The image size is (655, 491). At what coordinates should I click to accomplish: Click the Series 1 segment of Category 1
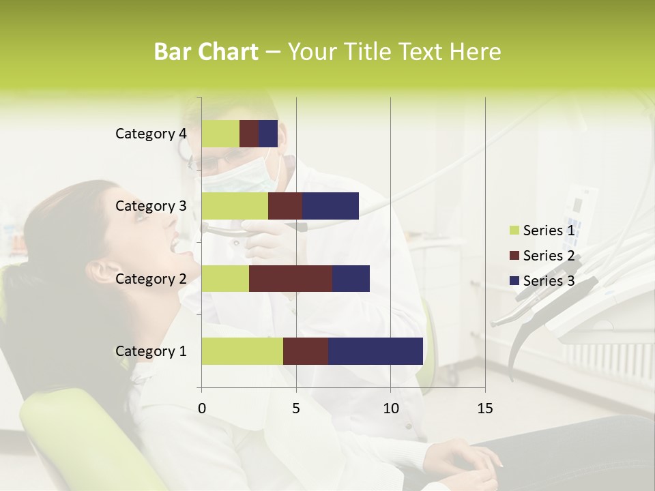coord(242,351)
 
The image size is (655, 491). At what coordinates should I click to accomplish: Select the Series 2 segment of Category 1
coord(306,351)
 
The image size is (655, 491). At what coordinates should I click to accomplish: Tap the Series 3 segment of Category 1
coord(375,351)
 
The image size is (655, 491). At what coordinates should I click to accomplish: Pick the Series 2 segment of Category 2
coord(291,278)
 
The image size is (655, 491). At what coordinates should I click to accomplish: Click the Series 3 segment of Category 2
coord(351,278)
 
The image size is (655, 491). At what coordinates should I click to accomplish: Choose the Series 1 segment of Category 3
coord(235,206)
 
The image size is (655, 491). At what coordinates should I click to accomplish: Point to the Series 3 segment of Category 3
coord(330,206)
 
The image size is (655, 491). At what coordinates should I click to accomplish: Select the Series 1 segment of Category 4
coord(220,134)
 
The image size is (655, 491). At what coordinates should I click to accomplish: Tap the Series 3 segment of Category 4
coord(268,134)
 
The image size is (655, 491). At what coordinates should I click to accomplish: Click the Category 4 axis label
coord(151,134)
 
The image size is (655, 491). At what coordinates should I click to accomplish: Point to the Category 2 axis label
coord(151,278)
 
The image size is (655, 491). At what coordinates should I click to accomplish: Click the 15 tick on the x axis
coord(484,408)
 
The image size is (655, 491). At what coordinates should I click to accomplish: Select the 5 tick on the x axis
coord(296,408)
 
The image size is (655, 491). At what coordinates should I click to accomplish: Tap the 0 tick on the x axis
coord(202,408)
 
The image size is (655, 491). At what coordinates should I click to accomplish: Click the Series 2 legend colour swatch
coord(514,256)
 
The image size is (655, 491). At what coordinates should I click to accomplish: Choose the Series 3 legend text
coord(549,280)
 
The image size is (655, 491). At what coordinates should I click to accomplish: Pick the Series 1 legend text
coord(549,230)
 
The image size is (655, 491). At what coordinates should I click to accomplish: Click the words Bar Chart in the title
coord(206,52)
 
